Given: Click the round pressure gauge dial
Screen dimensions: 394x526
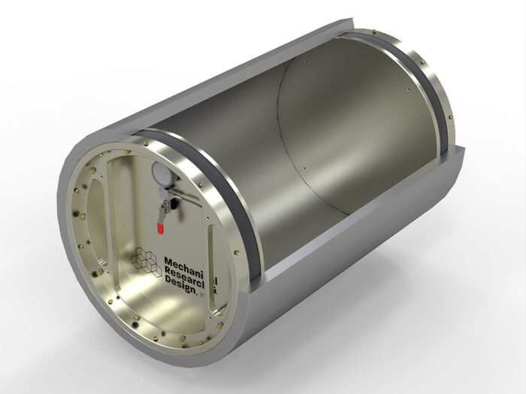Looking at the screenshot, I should (x=159, y=174).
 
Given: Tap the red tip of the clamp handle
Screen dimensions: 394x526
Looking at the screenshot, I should (x=159, y=221).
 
